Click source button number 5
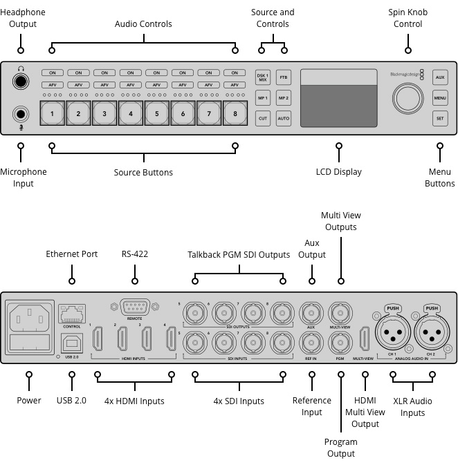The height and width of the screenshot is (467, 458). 157,113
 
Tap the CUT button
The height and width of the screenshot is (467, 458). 262,119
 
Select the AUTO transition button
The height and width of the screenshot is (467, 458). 284,119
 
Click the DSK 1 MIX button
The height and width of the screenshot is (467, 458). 262,77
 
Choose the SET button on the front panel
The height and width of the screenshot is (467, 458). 440,119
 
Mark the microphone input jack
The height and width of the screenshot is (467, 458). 21,115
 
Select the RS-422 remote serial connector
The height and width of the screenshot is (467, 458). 134,307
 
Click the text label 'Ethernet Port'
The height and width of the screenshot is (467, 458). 72,254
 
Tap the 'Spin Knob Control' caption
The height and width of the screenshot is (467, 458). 408,18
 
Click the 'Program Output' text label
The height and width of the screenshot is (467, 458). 340,448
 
